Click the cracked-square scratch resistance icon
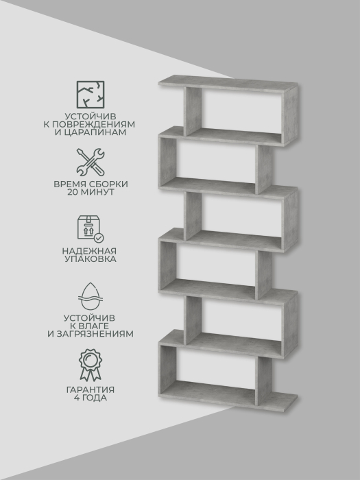pyautogui.click(x=91, y=95)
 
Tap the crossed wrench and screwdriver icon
pyautogui.click(x=91, y=163)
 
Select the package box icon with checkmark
pyautogui.click(x=91, y=229)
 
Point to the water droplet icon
pyautogui.click(x=91, y=296)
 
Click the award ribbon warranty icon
pyautogui.click(x=91, y=365)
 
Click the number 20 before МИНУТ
pyautogui.click(x=73, y=192)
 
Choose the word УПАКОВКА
pyautogui.click(x=91, y=259)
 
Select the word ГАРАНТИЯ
pyautogui.click(x=91, y=390)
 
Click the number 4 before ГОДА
pyautogui.click(x=77, y=398)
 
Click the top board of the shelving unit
pyautogui.click(x=228, y=84)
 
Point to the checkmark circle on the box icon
pyautogui.click(x=99, y=238)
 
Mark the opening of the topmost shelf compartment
pyautogui.click(x=242, y=111)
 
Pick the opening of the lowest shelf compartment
pyautogui.click(x=215, y=369)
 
